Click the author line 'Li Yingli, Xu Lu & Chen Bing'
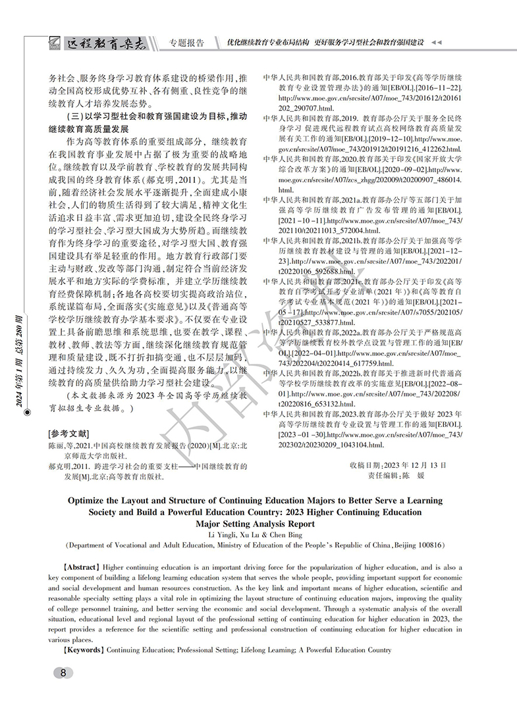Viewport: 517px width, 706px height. (x=258, y=535)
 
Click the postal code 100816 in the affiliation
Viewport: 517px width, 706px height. (x=429, y=545)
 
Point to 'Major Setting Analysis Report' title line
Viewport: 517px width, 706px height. (x=258, y=524)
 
